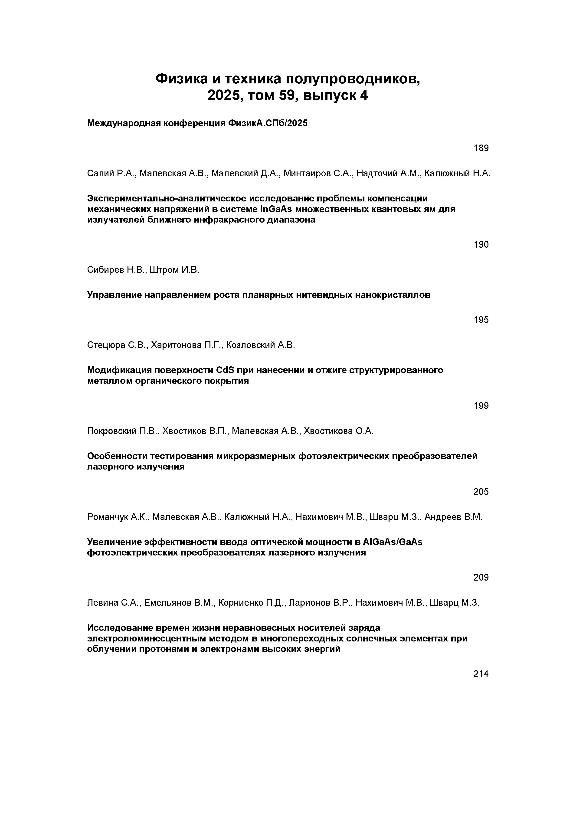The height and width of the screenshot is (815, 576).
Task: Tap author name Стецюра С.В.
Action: (x=117, y=345)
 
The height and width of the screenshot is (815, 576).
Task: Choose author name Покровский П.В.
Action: (x=123, y=431)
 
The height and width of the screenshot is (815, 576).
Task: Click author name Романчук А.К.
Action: (x=118, y=517)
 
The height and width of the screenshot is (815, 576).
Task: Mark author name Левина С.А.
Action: (x=114, y=603)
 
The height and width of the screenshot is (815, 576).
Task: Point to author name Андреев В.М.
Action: (x=454, y=517)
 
